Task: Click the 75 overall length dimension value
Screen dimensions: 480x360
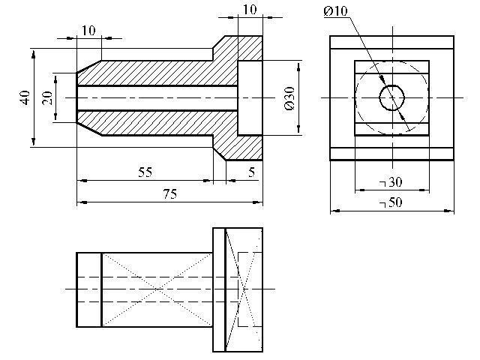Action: (170, 194)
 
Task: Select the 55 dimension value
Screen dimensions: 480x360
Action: (145, 172)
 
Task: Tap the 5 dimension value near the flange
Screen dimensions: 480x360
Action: (251, 172)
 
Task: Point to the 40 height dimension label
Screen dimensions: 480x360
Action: (25, 97)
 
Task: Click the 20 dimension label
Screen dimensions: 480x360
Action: (47, 98)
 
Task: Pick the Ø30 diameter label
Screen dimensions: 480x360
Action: (289, 98)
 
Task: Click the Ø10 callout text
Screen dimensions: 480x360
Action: (335, 11)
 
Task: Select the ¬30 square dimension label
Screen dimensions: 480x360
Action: (390, 182)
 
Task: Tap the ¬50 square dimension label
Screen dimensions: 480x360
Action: (390, 202)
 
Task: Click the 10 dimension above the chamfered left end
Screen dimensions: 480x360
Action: (88, 31)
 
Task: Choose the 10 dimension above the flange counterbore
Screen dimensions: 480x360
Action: (250, 10)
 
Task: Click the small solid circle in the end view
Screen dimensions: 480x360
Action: (392, 85)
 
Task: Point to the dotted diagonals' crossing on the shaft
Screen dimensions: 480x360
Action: (157, 289)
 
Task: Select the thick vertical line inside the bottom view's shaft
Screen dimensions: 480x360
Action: (101, 289)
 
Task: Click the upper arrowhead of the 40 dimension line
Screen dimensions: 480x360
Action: (33, 54)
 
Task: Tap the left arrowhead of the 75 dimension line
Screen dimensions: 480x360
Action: (82, 202)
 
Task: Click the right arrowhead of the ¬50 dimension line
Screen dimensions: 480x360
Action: (449, 211)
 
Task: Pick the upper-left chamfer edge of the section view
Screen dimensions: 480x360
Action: (88, 67)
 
